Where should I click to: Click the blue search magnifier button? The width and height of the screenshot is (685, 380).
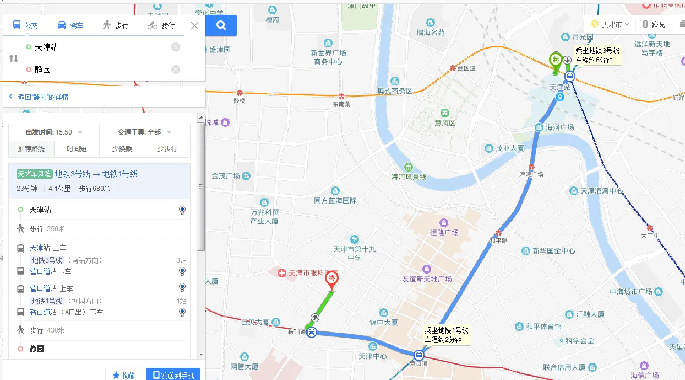(x=221, y=25)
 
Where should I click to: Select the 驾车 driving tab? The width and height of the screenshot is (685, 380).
(x=70, y=25)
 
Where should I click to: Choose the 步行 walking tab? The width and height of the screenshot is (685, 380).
(x=115, y=25)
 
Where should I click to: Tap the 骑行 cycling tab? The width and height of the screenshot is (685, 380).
(x=161, y=25)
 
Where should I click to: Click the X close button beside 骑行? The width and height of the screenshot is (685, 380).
(x=194, y=25)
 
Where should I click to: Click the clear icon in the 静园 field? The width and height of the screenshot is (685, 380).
(x=176, y=69)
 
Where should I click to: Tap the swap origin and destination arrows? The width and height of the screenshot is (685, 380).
(x=14, y=58)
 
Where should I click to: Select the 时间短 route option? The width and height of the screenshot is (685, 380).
(x=77, y=149)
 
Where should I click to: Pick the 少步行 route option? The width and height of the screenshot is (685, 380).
(x=167, y=149)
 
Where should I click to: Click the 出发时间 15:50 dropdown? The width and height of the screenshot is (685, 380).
(x=54, y=132)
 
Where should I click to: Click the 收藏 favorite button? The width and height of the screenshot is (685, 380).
(x=124, y=375)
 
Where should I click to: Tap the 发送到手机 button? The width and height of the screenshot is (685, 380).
(x=173, y=375)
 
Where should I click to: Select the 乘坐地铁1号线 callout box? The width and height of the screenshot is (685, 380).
(x=447, y=335)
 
